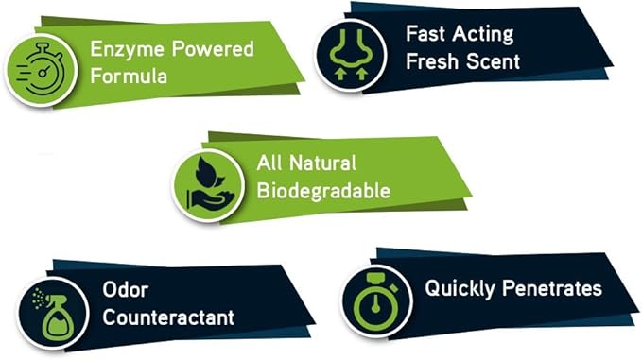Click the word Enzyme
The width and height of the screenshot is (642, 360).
[123, 47]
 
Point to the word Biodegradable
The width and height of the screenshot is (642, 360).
[323, 190]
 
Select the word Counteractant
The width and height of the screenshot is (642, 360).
[167, 318]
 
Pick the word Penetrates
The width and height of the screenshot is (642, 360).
[551, 288]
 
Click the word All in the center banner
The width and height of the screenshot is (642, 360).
[269, 163]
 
